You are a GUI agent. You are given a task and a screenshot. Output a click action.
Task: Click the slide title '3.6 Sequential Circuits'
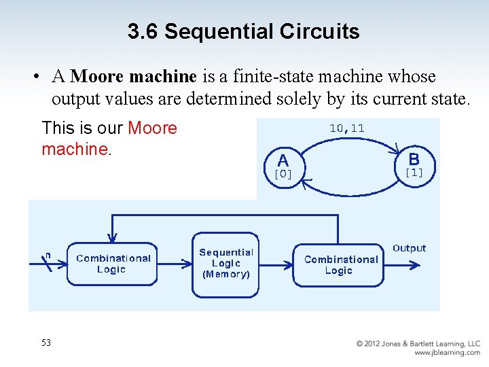(243, 31)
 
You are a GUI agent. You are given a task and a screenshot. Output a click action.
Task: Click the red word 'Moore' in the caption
(152, 128)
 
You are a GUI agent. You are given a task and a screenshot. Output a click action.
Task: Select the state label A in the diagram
(283, 160)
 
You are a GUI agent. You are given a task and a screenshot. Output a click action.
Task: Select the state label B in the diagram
(414, 159)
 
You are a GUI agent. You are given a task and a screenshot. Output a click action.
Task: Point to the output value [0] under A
(283, 174)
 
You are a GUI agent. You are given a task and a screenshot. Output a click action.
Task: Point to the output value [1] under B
(414, 173)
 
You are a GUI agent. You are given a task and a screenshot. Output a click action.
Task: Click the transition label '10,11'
(346, 128)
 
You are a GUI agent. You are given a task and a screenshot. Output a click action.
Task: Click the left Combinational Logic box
(113, 264)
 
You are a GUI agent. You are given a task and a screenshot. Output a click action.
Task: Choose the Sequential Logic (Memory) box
(225, 264)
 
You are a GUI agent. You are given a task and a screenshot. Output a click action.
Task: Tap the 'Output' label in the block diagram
(409, 248)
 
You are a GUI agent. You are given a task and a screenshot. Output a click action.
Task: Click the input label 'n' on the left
(47, 256)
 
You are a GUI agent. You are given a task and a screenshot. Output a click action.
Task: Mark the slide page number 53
(46, 343)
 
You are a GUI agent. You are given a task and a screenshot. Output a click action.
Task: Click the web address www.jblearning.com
(447, 353)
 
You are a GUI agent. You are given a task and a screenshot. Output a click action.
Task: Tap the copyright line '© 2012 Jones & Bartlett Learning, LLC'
(418, 344)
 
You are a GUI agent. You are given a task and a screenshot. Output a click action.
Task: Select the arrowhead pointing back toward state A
(306, 181)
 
